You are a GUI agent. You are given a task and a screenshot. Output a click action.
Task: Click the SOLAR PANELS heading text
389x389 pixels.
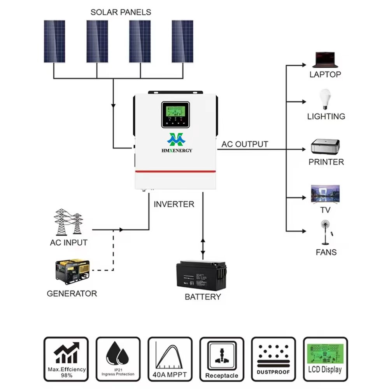click(x=121, y=12)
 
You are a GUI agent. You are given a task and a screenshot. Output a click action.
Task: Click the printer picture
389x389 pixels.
click(x=325, y=147)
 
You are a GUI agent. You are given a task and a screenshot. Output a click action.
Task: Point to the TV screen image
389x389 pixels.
click(x=326, y=193)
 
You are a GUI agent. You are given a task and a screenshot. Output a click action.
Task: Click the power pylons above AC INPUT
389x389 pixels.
click(x=68, y=222)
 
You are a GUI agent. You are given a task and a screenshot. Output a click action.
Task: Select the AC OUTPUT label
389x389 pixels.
click(x=245, y=144)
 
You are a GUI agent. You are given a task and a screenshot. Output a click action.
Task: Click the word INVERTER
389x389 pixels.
click(x=174, y=204)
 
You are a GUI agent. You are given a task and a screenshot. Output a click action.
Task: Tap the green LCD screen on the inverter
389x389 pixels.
click(x=175, y=111)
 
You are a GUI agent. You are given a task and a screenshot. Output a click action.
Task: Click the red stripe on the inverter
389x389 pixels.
click(x=175, y=171)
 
